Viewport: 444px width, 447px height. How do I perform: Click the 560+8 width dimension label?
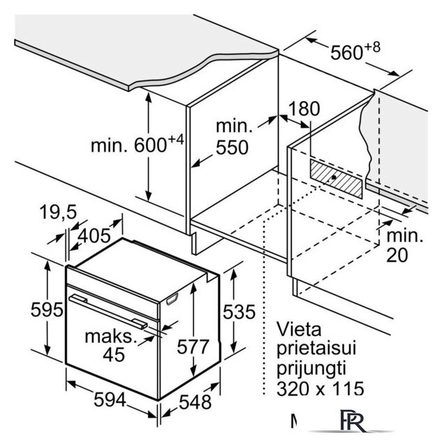[x=355, y=51]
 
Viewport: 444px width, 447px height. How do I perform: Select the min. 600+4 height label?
[x=136, y=145]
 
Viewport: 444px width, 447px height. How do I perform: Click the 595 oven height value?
[x=29, y=309]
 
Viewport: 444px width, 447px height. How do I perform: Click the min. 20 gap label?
[x=405, y=246]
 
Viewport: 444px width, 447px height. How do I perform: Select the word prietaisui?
[x=318, y=347]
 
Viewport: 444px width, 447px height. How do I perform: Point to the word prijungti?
[x=311, y=367]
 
